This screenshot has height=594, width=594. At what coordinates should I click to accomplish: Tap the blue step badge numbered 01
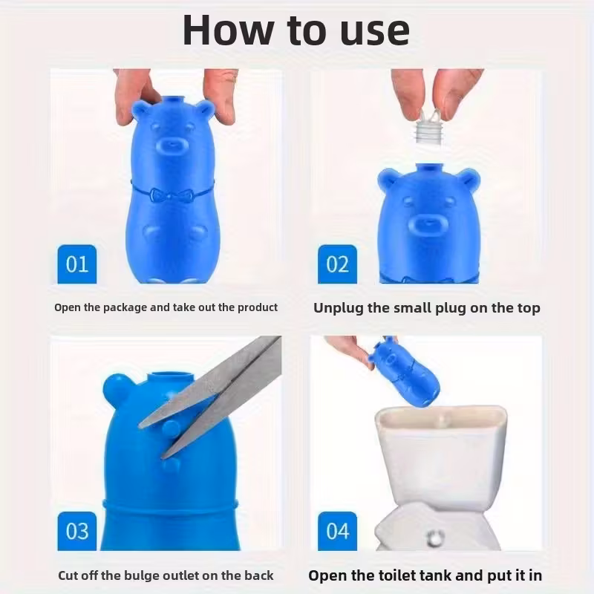pyautogui.click(x=77, y=264)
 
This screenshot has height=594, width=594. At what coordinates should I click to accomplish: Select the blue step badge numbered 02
pyautogui.click(x=338, y=264)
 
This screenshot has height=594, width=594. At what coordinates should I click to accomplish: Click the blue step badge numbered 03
pyautogui.click(x=77, y=531)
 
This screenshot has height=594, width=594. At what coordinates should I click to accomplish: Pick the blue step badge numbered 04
pyautogui.click(x=338, y=531)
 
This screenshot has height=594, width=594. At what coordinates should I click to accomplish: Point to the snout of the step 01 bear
pyautogui.click(x=172, y=146)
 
